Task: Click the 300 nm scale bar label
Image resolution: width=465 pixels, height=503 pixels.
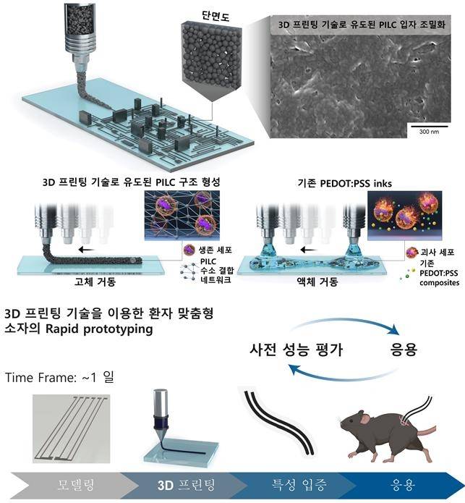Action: tap(428, 127)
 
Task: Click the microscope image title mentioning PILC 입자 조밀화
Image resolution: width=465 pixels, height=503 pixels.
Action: tap(362, 25)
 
